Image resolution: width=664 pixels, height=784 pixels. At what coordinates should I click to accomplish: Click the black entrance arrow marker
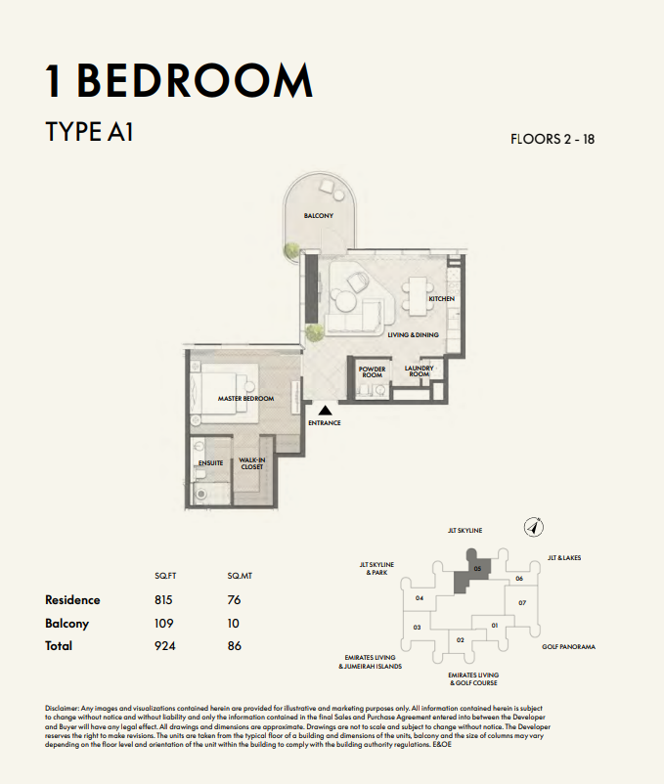326,411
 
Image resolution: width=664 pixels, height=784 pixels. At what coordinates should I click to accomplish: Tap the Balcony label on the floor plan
319,215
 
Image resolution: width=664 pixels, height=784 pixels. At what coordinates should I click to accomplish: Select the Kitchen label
441,298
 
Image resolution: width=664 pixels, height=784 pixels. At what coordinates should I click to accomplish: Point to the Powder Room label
372,372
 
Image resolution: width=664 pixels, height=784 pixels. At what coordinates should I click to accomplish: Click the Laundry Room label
419,371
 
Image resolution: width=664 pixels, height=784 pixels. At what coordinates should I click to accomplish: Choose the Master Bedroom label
246,399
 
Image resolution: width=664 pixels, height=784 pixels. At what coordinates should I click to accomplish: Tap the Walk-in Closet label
252,463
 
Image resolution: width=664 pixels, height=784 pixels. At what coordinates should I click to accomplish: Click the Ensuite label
210,463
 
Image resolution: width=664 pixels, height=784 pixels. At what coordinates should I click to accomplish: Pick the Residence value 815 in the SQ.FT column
163,600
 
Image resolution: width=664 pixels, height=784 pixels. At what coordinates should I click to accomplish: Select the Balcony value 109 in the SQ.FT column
164,624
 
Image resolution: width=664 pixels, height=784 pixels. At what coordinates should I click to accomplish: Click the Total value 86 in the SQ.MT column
235,646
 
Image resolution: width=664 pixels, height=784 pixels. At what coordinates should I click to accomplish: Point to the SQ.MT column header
240,576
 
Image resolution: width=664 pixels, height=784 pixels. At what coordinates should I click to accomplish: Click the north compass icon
534,527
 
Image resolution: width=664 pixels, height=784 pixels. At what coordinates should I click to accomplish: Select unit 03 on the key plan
417,628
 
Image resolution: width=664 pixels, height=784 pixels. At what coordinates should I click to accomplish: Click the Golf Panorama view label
568,646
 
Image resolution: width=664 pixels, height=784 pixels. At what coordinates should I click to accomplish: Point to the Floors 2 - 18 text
553,139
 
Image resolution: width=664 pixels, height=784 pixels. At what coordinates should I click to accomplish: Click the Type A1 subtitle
90,132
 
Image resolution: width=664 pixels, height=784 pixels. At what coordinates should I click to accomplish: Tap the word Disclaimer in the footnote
62,709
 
